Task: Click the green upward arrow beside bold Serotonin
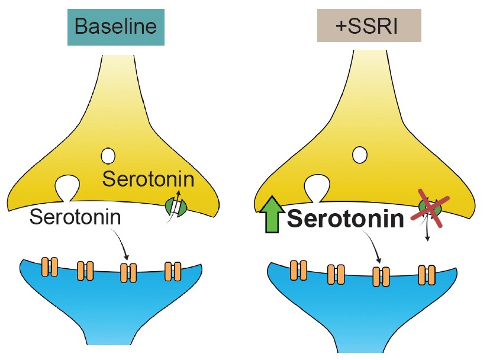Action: coord(270,214)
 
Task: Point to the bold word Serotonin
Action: coord(346,218)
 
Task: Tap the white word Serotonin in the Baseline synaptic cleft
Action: coord(75,217)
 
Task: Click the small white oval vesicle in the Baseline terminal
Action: coord(108,156)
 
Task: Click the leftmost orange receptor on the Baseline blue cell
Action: coord(49,267)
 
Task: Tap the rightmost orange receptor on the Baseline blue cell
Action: coord(173,271)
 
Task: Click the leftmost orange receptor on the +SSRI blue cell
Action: coord(299,269)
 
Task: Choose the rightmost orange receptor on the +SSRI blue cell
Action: coord(426,275)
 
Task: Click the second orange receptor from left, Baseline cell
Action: coord(85,271)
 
